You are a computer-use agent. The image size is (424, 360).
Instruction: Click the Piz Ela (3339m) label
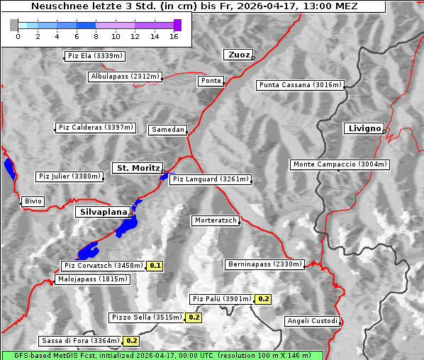point(94,56)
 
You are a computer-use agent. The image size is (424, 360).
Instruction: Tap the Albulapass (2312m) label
point(125,77)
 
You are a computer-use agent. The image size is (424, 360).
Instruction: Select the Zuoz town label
point(238,55)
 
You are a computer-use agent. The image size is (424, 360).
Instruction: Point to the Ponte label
point(211,81)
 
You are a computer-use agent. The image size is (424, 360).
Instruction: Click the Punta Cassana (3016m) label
point(300,86)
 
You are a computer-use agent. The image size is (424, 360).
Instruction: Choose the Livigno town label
point(364,128)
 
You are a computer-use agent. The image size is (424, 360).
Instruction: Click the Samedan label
point(167,130)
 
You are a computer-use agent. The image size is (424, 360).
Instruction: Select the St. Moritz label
point(137,168)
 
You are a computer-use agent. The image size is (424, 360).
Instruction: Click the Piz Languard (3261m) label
point(211,179)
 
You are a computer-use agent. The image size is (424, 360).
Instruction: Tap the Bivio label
point(33,202)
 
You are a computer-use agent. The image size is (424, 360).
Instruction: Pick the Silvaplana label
point(103,212)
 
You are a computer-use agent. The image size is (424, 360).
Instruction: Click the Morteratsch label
point(215,221)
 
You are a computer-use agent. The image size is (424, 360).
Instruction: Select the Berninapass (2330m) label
point(265,264)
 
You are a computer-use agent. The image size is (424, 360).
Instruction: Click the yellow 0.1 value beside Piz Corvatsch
point(155,266)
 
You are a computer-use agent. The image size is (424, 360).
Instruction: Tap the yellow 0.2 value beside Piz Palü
point(263,299)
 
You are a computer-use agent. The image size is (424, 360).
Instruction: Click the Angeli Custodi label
point(313,321)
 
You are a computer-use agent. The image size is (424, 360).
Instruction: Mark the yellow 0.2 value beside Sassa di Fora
point(131,341)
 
